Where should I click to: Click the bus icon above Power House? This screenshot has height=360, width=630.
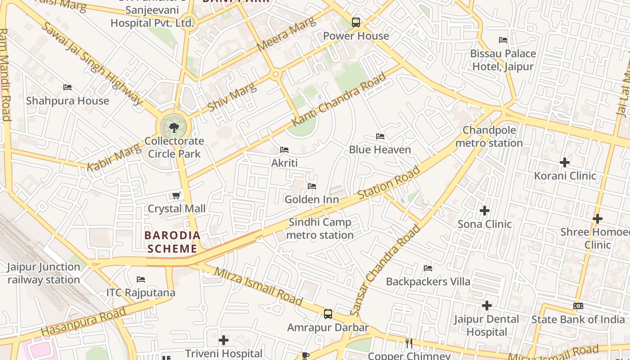356,22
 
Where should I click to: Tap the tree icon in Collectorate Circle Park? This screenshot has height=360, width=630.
174,128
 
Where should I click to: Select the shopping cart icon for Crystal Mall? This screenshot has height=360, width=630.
176,196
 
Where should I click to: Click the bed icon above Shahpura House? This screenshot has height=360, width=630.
67,87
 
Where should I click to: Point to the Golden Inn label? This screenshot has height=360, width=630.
312,199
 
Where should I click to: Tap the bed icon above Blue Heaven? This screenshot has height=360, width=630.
380,136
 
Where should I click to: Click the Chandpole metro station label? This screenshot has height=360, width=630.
490,137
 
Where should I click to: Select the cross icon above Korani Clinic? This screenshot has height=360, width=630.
565,162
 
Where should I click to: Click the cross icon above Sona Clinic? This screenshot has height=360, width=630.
485,211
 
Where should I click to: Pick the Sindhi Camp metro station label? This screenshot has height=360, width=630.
320,229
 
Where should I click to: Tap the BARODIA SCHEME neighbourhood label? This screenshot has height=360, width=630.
172,242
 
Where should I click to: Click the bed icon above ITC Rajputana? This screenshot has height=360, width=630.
141,279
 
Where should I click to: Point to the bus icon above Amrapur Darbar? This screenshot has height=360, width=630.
328,314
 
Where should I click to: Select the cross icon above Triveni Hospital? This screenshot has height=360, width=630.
224,340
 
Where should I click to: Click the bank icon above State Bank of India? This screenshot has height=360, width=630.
578,306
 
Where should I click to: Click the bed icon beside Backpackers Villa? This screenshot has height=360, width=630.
428,268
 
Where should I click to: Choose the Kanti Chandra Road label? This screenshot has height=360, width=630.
339,99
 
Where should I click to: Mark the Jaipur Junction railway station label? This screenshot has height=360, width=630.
44,273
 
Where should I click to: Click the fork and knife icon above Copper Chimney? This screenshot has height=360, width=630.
409,343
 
